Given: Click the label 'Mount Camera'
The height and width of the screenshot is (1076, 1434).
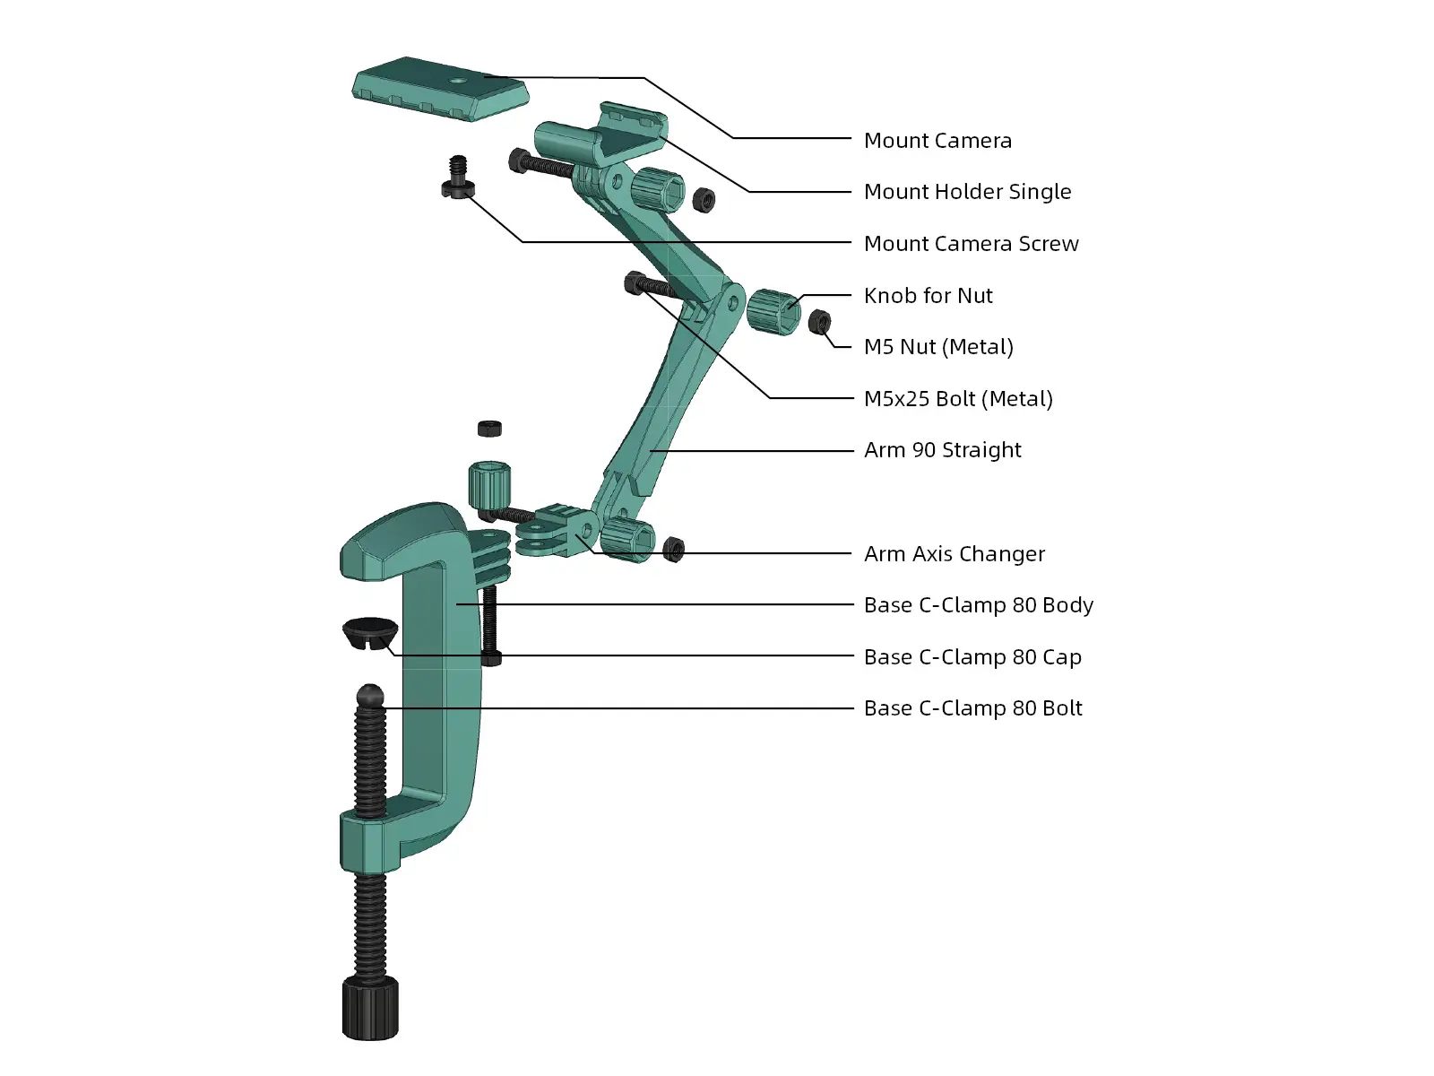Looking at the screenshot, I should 937,141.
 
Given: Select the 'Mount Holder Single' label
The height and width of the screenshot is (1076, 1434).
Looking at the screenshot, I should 967,192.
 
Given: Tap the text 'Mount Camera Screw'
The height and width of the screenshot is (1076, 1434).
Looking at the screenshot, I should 971,244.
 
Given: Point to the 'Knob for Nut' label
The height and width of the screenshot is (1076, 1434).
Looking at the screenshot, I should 928,296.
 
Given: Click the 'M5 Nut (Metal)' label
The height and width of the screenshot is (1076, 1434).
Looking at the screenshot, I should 938,347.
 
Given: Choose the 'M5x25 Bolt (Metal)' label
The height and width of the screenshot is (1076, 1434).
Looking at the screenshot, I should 958,399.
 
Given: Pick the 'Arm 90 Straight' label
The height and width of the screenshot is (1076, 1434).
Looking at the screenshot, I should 942,450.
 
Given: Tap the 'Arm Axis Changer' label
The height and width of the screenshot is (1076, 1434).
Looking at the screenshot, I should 954,554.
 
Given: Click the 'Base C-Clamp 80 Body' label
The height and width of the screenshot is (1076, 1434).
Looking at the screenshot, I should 978,605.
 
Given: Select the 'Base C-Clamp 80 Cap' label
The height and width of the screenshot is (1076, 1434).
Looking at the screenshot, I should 972,657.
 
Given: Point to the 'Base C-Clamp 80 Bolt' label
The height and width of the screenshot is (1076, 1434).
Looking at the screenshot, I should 972,708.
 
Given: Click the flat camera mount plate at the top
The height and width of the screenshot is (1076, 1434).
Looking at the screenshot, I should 439,89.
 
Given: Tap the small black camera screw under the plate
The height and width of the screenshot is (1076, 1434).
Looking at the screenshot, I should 458,178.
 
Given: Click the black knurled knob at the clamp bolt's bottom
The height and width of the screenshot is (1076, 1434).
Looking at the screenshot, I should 370,1009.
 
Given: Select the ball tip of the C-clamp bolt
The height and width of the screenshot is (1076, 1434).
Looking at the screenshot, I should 370,695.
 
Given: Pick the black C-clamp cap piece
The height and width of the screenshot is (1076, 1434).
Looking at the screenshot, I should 369,632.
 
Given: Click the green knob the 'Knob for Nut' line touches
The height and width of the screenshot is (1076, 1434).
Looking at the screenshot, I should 773,311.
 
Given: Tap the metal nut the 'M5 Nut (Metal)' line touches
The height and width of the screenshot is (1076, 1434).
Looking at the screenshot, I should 819,321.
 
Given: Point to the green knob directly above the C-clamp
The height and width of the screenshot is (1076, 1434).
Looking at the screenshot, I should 489,484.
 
